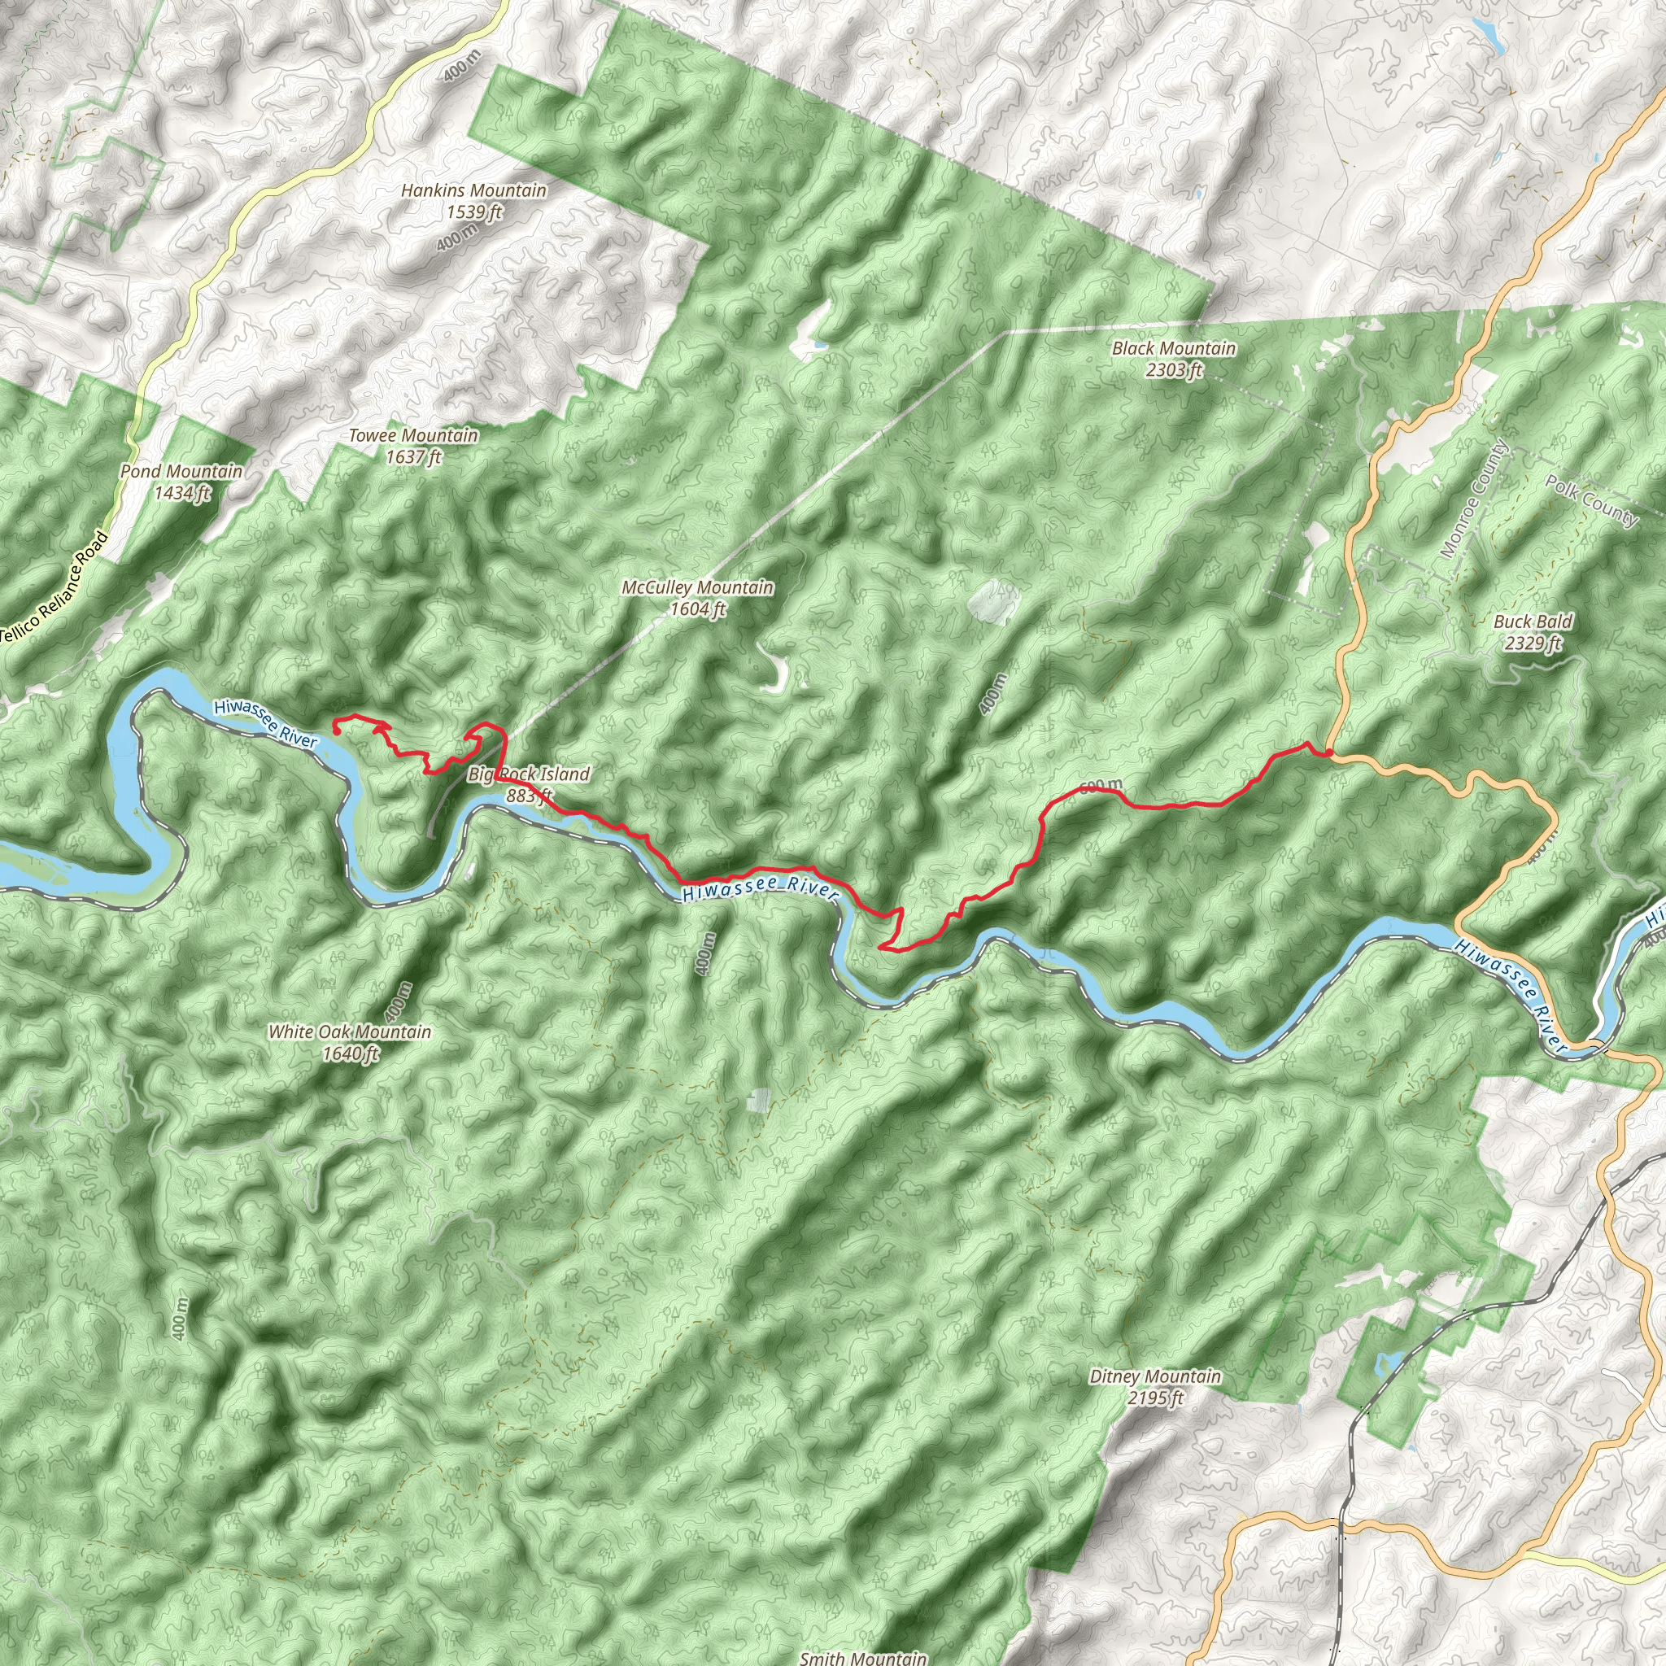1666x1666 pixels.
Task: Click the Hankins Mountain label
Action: click(x=473, y=190)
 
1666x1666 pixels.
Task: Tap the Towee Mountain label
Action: click(x=412, y=435)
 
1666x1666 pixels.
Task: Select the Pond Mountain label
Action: click(x=181, y=472)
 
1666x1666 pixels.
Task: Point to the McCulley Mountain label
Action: click(x=698, y=587)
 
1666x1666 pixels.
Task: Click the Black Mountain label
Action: click(x=1174, y=348)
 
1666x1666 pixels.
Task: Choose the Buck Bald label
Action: click(x=1533, y=621)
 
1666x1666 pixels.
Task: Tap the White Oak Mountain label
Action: click(x=349, y=1031)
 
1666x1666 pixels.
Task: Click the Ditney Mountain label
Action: click(x=1154, y=1376)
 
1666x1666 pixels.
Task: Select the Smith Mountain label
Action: click(x=863, y=1657)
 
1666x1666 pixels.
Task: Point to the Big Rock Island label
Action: click(x=529, y=774)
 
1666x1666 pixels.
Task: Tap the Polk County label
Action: click(x=1591, y=500)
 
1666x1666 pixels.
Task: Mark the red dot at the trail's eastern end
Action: click(x=1330, y=752)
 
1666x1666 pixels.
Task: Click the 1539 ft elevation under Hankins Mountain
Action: click(x=474, y=212)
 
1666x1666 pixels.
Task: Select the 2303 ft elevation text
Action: click(x=1174, y=371)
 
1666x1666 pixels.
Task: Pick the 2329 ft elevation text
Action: click(x=1533, y=643)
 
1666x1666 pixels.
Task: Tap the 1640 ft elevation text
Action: click(x=350, y=1053)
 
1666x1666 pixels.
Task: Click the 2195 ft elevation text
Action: click(x=1154, y=1398)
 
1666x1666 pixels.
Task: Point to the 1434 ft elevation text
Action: click(x=182, y=493)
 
